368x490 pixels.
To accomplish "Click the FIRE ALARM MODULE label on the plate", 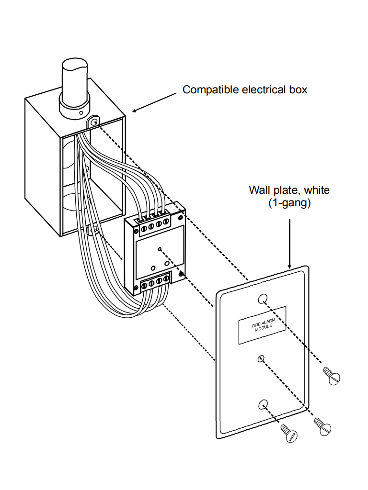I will (262, 325).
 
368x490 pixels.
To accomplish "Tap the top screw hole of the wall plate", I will (262, 299).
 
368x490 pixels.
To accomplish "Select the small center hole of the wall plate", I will (260, 358).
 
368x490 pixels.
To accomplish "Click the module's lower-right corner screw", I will (182, 274).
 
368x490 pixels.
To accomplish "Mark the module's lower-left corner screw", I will (137, 288).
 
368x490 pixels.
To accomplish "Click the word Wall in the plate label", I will (259, 190).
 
